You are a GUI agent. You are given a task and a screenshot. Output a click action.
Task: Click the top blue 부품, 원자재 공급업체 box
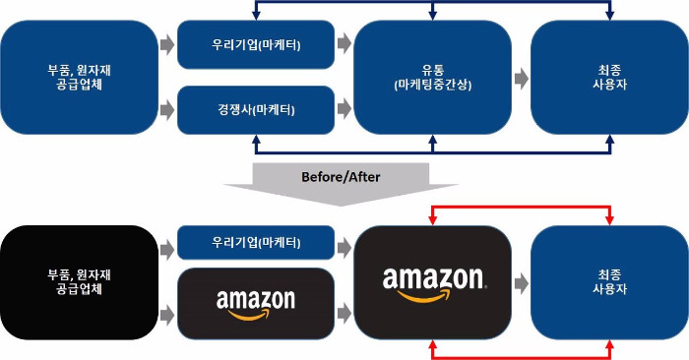click(x=79, y=77)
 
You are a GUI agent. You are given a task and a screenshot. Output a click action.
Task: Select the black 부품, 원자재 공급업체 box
click(x=79, y=280)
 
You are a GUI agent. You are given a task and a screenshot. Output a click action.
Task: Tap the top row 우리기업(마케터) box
click(x=256, y=44)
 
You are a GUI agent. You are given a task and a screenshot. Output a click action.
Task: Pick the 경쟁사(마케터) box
click(x=256, y=109)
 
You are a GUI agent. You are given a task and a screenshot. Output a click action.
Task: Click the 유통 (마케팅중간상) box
click(x=432, y=77)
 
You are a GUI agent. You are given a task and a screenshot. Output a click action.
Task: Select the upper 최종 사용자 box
click(x=608, y=77)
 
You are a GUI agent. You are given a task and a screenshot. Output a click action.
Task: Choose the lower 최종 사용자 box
click(x=608, y=280)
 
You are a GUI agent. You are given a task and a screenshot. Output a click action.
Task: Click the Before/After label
click(x=340, y=177)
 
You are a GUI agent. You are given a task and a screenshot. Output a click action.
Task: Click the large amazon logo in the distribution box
click(x=432, y=280)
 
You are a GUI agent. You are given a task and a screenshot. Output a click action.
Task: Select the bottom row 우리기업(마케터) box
click(x=256, y=241)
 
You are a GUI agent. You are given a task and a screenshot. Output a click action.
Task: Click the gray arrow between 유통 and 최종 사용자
click(x=521, y=77)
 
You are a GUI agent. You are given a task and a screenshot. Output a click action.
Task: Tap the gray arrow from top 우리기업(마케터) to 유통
click(x=344, y=44)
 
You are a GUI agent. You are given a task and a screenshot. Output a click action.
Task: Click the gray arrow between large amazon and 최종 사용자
click(x=521, y=281)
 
